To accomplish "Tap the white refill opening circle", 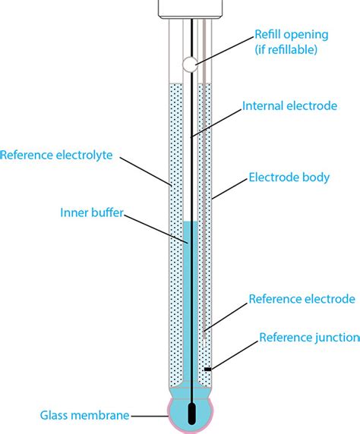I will (191, 65).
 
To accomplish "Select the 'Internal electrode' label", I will (289, 106).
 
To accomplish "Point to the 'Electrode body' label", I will (289, 178).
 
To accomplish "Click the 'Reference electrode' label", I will (301, 299).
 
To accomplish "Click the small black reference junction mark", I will (207, 370).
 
